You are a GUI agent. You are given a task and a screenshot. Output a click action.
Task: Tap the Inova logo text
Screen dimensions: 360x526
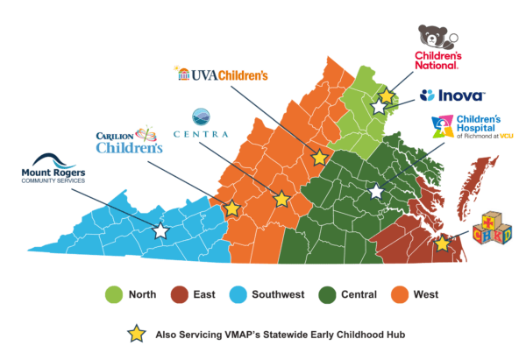(x=455, y=95)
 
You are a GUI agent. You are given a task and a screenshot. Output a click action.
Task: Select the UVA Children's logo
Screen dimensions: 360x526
(x=221, y=74)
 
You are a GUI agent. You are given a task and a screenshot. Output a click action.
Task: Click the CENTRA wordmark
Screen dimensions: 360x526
(x=201, y=134)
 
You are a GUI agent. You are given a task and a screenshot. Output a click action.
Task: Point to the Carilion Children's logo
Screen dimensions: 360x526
(x=129, y=142)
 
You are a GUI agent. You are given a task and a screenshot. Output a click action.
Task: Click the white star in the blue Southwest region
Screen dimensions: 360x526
(x=160, y=231)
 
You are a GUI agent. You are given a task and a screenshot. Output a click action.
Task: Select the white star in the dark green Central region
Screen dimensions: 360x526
(x=376, y=190)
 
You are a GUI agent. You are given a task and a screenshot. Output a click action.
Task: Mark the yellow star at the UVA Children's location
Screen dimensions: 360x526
(x=320, y=158)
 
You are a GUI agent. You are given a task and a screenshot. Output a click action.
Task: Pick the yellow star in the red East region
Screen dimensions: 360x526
(x=443, y=244)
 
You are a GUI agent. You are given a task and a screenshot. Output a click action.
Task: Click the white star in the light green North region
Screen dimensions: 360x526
(x=378, y=107)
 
